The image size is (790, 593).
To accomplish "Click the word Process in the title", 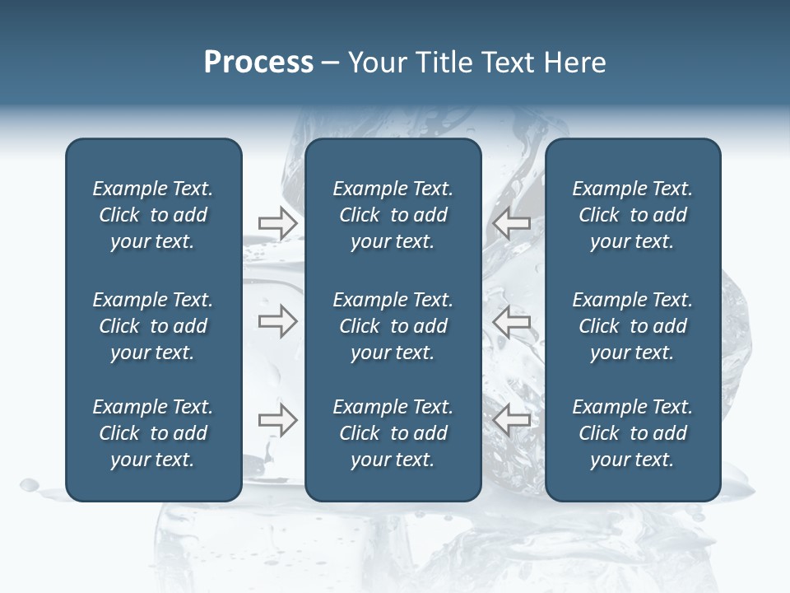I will click(x=258, y=63).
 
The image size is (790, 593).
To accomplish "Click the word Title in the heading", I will click(x=443, y=63).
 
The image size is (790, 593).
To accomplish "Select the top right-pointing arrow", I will click(x=277, y=223).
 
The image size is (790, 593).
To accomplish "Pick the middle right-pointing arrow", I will click(x=277, y=321).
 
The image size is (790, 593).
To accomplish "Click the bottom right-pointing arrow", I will click(x=277, y=420).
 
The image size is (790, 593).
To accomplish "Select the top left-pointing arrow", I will click(x=512, y=223).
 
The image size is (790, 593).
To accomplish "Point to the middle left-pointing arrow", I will click(x=512, y=321).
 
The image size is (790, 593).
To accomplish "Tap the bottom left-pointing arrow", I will click(x=512, y=420).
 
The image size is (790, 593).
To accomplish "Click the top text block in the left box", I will click(x=153, y=215).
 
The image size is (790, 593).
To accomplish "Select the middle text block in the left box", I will click(x=153, y=326).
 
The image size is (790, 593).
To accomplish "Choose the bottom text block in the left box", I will click(x=153, y=433).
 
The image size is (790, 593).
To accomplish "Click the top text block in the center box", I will click(x=393, y=215).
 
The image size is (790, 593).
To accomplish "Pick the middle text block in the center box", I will click(x=393, y=326).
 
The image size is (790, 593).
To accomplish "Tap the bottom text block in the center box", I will click(x=393, y=433).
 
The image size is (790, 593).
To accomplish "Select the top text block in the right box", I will click(x=632, y=215).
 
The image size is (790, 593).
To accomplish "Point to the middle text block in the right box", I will click(x=632, y=326).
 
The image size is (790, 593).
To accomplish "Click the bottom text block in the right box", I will click(x=632, y=433).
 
